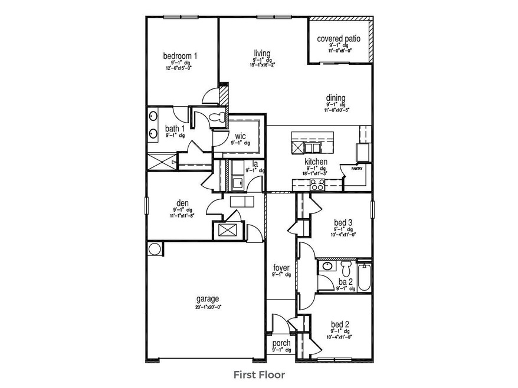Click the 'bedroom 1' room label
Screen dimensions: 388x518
tap(180, 56)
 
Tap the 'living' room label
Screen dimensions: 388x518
tap(261, 53)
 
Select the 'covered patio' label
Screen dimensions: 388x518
tap(339, 39)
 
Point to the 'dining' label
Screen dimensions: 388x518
tap(335, 98)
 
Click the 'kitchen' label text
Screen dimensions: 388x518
tap(316, 162)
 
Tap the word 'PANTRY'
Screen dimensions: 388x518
tap(357, 168)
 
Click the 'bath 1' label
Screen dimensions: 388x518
tap(175, 129)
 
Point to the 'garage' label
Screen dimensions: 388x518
tap(208, 298)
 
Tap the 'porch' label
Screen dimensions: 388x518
tap(280, 343)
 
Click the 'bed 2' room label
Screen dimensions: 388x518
tap(340, 324)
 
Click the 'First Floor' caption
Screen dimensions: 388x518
tap(259, 374)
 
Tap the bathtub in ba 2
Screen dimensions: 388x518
tap(363, 276)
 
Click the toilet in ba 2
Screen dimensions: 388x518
tap(346, 268)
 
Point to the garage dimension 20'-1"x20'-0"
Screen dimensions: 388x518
tap(208, 307)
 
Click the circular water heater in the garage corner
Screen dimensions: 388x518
tap(155, 249)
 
